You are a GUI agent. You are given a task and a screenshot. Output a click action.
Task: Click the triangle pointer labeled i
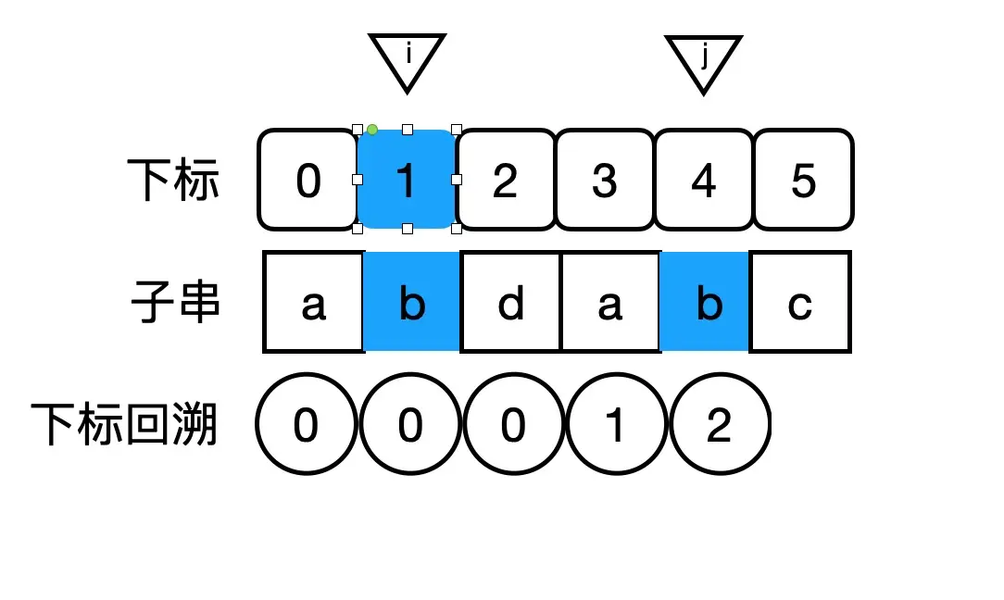tap(408, 58)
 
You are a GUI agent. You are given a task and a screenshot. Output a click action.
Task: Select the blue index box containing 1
tap(407, 180)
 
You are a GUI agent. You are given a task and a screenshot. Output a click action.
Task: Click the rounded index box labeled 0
tap(307, 180)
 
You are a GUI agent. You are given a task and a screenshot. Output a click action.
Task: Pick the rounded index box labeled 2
tap(506, 180)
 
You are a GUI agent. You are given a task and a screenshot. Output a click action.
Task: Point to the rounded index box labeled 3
tap(605, 180)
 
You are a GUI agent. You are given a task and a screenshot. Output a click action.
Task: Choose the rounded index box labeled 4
tap(704, 180)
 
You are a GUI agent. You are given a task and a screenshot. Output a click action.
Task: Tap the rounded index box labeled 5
tap(803, 180)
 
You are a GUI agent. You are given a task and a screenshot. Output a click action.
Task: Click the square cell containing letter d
tap(510, 302)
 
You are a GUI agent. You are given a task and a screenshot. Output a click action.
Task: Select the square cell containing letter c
tap(799, 302)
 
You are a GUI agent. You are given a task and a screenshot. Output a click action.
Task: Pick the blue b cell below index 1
tap(412, 302)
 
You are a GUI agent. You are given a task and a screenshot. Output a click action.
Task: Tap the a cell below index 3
tap(609, 302)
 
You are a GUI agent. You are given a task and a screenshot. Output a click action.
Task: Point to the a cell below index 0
tap(314, 302)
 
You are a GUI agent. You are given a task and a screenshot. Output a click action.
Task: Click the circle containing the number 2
tap(720, 425)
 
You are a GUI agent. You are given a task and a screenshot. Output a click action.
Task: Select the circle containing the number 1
tap(615, 425)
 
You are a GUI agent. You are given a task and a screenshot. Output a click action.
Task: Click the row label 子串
tap(175, 302)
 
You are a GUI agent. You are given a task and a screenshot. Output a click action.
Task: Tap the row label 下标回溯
tap(124, 425)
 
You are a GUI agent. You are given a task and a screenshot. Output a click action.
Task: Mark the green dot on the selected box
tap(372, 130)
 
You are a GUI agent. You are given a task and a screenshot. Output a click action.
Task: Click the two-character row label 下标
tap(175, 180)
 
